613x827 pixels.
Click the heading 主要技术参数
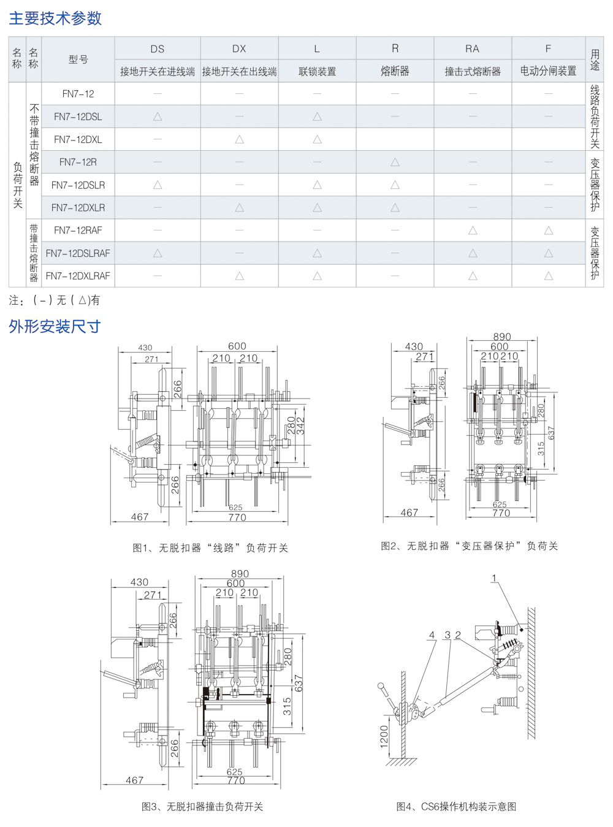[55, 18]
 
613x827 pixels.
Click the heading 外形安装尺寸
[55, 327]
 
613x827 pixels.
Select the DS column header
[158, 48]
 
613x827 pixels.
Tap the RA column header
[472, 48]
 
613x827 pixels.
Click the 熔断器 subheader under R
[395, 71]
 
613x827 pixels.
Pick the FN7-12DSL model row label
[78, 116]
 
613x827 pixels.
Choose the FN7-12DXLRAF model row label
[78, 276]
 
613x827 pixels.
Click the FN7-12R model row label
[78, 162]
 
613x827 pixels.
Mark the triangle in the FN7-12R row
[395, 162]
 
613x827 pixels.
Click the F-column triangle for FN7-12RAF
[548, 231]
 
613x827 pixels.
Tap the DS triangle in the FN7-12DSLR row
[158, 185]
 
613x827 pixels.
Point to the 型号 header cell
[78, 59]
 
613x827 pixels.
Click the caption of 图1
[210, 548]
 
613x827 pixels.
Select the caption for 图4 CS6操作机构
[456, 806]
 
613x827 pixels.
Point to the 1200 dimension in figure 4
[384, 736]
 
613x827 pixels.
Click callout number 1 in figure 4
[494, 578]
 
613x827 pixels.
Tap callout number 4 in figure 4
[432, 635]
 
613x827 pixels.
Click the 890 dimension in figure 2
[502, 337]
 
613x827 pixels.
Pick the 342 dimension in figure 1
[300, 425]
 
